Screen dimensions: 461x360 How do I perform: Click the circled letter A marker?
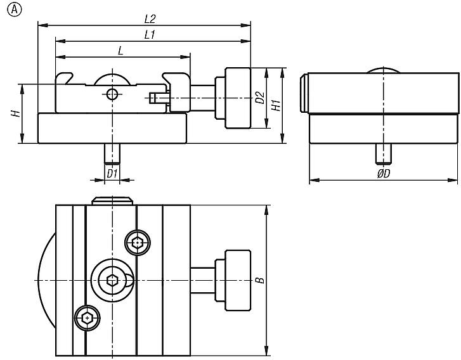pos(14,10)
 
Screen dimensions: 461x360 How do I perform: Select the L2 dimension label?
pos(150,20)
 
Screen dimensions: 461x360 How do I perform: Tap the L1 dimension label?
pos(150,35)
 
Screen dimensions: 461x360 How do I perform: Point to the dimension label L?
pos(120,51)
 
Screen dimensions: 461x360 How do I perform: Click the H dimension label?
pos(16,113)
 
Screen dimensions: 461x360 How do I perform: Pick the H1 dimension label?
pos(276,105)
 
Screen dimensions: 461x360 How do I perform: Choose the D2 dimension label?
pos(260,98)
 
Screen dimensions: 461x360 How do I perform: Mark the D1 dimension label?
pos(112,174)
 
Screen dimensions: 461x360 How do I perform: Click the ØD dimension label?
pos(384,174)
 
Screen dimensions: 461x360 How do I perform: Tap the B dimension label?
pos(260,280)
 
